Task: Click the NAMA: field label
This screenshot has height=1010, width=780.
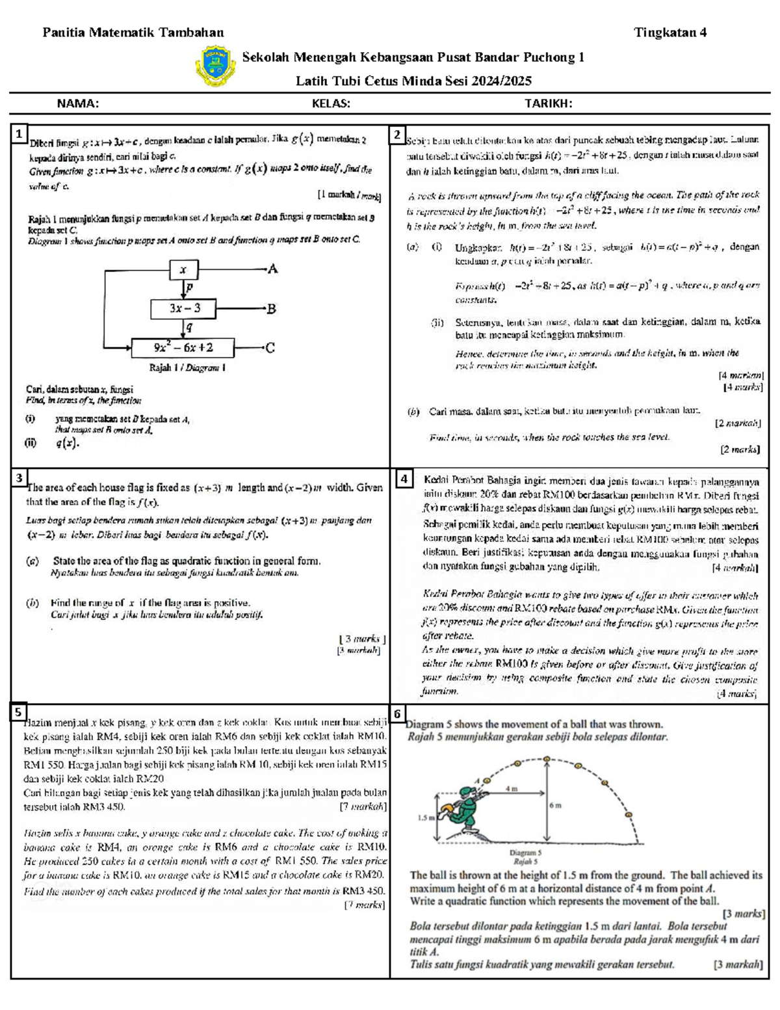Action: (78, 103)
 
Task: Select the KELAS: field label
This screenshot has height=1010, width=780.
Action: (331, 103)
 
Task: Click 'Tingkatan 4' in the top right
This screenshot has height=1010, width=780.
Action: (670, 33)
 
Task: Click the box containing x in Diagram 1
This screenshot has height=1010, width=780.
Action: (184, 269)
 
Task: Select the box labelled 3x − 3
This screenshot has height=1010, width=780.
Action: (185, 308)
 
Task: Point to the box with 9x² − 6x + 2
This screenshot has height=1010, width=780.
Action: (183, 348)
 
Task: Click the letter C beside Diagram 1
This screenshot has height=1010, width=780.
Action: (270, 348)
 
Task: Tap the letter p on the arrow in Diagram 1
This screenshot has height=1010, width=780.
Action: (189, 287)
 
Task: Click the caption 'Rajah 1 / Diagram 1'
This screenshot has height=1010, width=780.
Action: (187, 367)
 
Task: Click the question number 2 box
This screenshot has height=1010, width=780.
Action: (397, 135)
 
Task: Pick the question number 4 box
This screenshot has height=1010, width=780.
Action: (404, 479)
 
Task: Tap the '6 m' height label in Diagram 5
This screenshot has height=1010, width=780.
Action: (555, 805)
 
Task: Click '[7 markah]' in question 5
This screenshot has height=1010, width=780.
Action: (363, 806)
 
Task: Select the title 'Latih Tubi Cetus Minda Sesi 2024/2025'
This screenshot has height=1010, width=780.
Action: (413, 81)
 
